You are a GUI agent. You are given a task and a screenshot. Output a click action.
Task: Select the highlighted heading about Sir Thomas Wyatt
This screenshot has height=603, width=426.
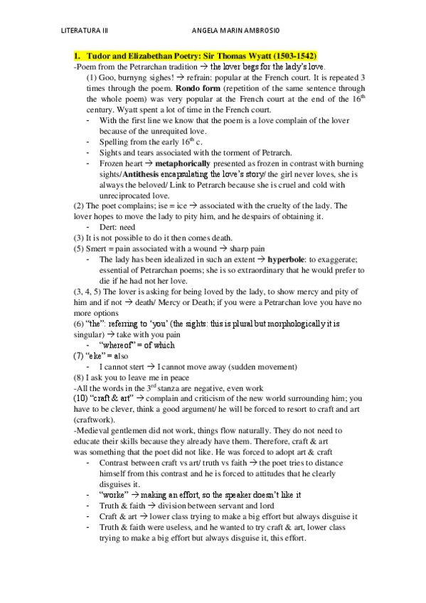click(x=196, y=55)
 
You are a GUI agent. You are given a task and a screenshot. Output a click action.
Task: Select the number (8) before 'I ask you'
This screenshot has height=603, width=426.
click(x=79, y=378)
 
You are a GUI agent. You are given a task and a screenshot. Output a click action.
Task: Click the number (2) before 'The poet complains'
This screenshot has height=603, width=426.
click(x=79, y=206)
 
